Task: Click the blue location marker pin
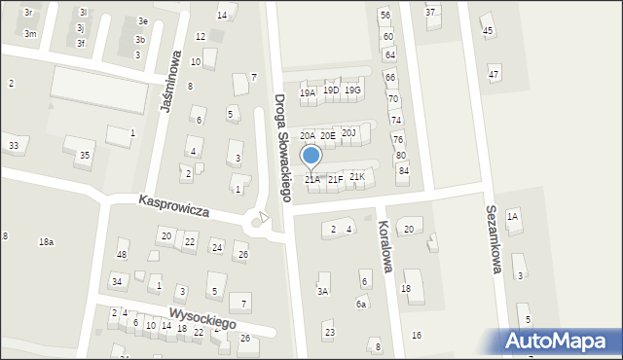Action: click(x=311, y=156)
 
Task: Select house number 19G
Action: click(x=352, y=90)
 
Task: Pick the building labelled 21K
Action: click(x=357, y=176)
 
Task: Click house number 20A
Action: click(x=307, y=136)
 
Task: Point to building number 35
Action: click(x=85, y=155)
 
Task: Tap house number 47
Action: click(x=494, y=75)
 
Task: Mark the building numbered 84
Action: click(x=403, y=171)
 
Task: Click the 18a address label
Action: click(x=46, y=241)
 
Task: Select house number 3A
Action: click(x=322, y=291)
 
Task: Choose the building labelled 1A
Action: click(x=512, y=216)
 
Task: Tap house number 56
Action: click(x=385, y=16)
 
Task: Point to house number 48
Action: click(x=122, y=255)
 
